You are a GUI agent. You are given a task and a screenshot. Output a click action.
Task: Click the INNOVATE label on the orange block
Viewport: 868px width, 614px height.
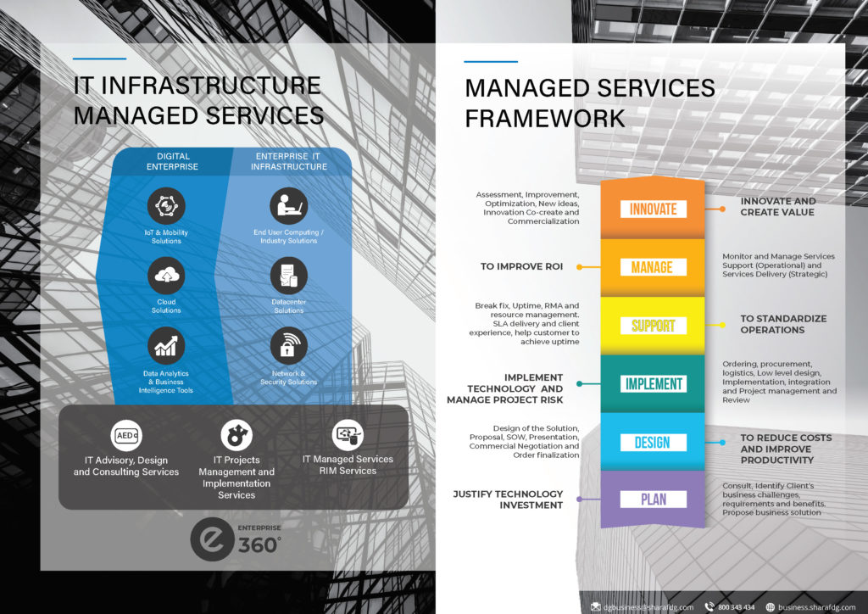(x=652, y=209)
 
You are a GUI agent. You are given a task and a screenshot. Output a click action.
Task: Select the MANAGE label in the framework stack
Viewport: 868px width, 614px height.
(x=652, y=267)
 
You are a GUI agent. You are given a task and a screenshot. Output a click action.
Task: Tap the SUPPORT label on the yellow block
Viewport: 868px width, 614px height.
(x=653, y=326)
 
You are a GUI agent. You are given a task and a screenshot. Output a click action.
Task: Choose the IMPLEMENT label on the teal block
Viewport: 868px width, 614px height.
(x=653, y=384)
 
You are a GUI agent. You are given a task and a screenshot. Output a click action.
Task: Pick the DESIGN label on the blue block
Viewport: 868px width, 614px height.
(x=652, y=442)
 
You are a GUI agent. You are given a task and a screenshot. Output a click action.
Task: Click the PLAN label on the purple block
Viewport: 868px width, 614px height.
(x=653, y=500)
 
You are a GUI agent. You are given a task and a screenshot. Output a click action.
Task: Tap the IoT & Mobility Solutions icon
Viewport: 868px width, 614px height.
(x=166, y=207)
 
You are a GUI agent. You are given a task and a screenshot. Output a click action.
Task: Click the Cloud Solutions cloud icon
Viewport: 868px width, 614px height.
(x=166, y=276)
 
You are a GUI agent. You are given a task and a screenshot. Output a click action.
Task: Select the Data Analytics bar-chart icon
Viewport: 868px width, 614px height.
(x=166, y=346)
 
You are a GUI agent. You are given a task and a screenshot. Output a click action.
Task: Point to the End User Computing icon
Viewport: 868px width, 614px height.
(x=288, y=207)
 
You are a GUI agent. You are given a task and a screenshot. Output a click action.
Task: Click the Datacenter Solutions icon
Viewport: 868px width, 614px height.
(x=288, y=276)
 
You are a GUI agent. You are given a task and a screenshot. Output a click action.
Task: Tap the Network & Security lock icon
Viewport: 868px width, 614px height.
(x=288, y=346)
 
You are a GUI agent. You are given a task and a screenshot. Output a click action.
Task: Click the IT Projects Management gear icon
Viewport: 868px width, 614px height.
(x=236, y=435)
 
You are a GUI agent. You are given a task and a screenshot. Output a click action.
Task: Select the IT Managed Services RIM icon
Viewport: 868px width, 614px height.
(x=348, y=435)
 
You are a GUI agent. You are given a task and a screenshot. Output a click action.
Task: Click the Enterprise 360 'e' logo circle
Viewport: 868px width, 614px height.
(x=209, y=540)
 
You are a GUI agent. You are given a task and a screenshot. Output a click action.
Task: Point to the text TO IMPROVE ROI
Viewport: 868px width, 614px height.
(x=522, y=266)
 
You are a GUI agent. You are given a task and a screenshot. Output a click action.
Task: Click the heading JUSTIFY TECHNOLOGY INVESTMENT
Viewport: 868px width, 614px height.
(x=508, y=500)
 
